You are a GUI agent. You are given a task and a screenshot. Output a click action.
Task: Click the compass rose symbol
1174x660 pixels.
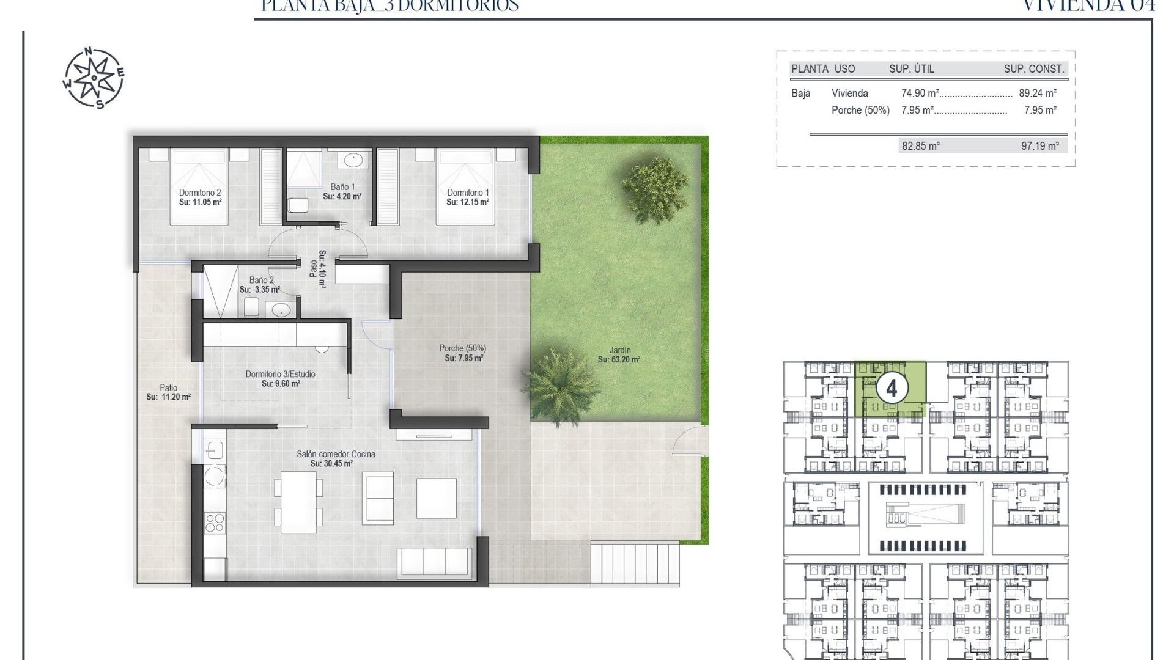tap(94, 78)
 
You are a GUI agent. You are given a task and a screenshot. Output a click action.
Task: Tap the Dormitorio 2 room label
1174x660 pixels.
tap(200, 193)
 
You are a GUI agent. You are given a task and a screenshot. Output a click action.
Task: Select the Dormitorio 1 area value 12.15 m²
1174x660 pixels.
tap(468, 202)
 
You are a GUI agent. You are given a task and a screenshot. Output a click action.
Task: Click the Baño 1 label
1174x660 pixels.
tap(342, 187)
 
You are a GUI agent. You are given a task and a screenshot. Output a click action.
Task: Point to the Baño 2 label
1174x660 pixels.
tap(261, 280)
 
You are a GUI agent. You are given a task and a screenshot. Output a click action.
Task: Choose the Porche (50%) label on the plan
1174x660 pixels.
tap(462, 348)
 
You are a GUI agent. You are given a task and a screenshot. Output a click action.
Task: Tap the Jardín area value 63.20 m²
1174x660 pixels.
tap(619, 360)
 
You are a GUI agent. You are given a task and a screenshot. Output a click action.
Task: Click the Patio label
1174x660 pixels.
tap(169, 387)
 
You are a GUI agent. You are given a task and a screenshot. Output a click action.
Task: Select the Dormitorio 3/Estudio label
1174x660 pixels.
tap(280, 374)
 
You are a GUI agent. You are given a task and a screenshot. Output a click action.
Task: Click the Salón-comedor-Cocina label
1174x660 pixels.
tap(336, 454)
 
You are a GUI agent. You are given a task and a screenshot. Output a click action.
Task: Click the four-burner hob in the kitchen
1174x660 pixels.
tap(215, 523)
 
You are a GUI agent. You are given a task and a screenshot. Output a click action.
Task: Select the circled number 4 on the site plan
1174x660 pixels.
tap(892, 389)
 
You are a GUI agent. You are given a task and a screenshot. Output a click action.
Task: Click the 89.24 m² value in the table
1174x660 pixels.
tap(1038, 94)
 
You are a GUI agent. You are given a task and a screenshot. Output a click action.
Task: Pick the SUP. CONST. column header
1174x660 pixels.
tap(1033, 69)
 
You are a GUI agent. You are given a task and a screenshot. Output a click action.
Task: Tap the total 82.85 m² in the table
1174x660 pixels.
tap(920, 146)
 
